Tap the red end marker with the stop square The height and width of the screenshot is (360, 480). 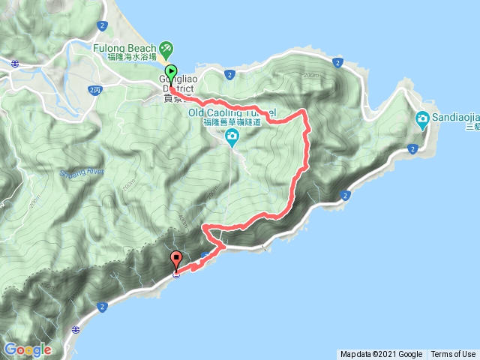point(176,260)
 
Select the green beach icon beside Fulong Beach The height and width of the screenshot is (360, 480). point(166,49)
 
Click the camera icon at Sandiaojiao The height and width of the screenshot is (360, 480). point(422,118)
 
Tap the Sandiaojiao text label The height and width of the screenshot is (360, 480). point(450,118)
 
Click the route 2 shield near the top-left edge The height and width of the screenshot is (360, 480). point(101,25)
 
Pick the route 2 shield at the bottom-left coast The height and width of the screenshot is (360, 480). point(102,307)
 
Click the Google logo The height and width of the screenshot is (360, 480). point(28,349)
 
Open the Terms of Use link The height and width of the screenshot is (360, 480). point(453,354)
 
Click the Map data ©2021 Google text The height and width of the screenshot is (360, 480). point(381,354)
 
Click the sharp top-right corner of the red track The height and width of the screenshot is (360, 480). point(304,112)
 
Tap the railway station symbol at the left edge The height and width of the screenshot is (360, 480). point(15,65)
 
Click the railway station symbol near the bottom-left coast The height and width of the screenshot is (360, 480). point(76,328)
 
